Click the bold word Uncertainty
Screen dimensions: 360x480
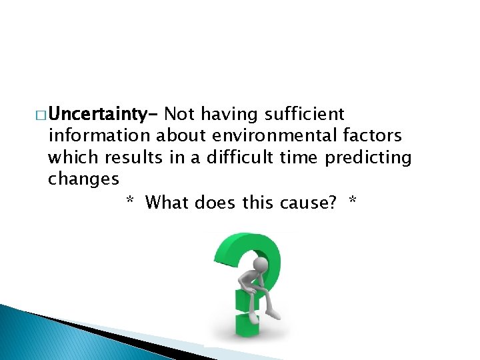(x=100, y=115)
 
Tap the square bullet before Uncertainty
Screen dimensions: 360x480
(x=41, y=115)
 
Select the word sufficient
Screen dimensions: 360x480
(x=305, y=115)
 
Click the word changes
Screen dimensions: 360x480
(x=83, y=179)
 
